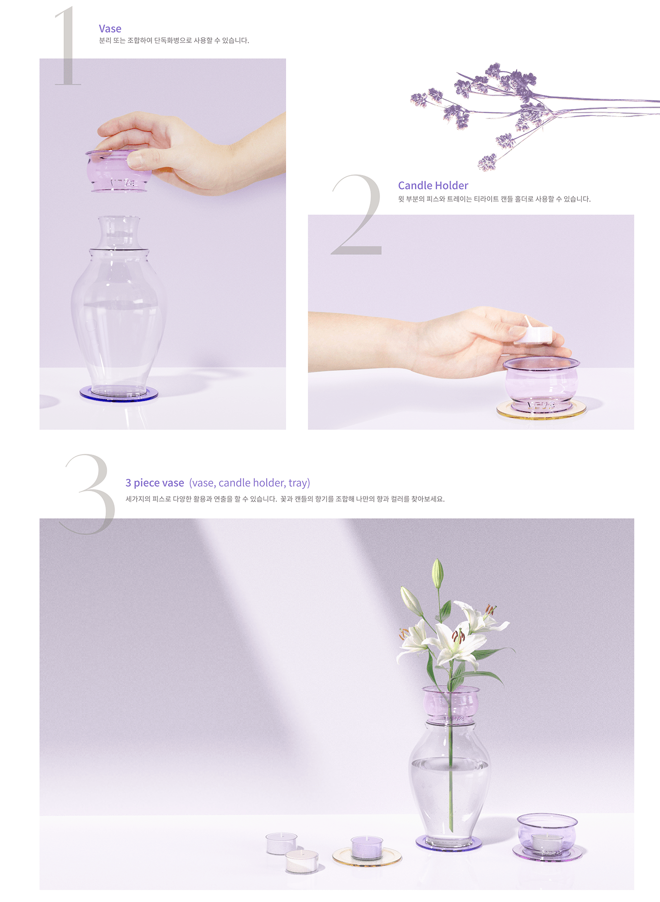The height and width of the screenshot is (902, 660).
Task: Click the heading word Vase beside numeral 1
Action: click(110, 29)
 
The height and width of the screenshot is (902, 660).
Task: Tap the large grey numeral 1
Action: click(67, 47)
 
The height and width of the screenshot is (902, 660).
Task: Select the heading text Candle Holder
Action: click(433, 185)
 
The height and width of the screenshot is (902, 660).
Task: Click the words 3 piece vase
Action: click(155, 483)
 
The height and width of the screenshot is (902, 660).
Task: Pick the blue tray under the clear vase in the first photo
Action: click(118, 395)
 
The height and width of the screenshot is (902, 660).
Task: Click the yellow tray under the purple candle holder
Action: click(541, 412)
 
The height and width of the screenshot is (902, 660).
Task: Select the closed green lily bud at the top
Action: click(438, 573)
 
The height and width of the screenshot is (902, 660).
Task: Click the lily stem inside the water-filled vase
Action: click(451, 793)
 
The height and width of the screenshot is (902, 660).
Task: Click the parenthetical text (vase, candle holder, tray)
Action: click(249, 483)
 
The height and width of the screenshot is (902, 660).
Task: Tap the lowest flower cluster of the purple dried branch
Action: click(487, 162)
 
